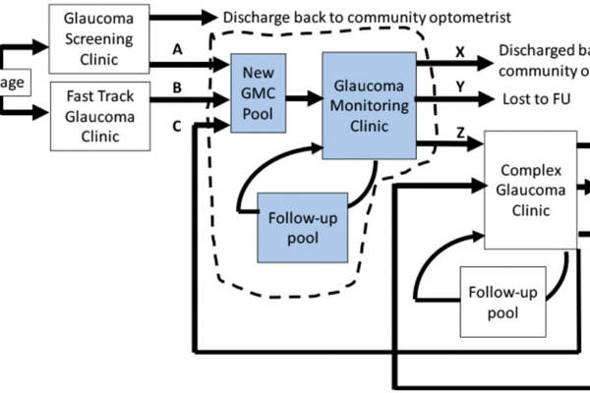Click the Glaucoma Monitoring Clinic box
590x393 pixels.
pyautogui.click(x=368, y=105)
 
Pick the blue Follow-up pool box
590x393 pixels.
pyautogui.click(x=301, y=227)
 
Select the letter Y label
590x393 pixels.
pyautogui.click(x=460, y=85)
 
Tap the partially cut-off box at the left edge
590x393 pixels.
pyautogui.click(x=13, y=83)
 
